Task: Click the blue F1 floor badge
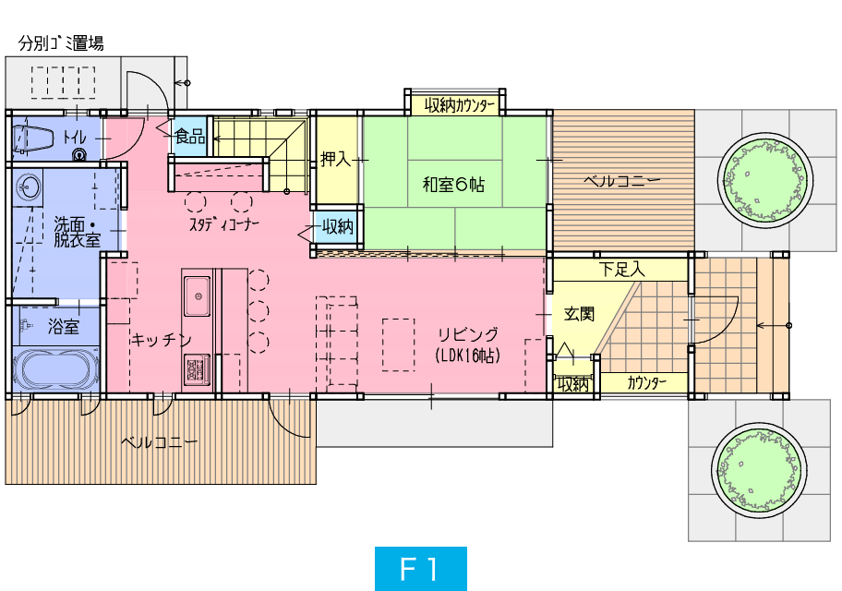point(420,569)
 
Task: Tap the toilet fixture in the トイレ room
point(33,139)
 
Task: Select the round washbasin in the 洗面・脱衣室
point(27,188)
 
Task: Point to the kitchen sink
point(198,296)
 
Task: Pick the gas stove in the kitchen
point(198,369)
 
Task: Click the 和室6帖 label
point(453,185)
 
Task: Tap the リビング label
point(468,334)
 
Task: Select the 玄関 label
point(580,313)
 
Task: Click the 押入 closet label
point(336,159)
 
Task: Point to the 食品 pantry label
point(190,137)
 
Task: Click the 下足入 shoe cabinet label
point(622,269)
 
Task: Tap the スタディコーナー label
point(224,224)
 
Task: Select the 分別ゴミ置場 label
point(61,43)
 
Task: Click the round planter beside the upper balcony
point(764,179)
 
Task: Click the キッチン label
point(161,340)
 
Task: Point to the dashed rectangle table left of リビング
point(399,344)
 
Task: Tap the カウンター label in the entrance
point(646,382)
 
